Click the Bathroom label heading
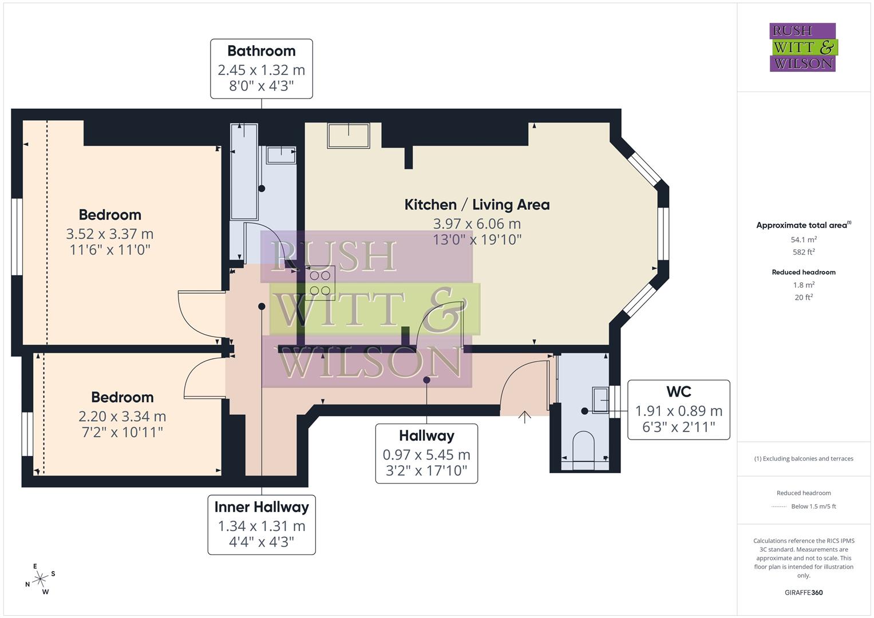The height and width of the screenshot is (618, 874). (x=262, y=51)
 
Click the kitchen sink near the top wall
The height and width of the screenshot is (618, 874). (x=348, y=136)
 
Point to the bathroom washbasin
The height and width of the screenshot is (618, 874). (x=281, y=155)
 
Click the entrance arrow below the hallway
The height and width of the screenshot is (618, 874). (x=524, y=416)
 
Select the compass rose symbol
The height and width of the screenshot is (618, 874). (x=40, y=579)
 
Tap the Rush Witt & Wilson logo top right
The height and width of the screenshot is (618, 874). (x=802, y=47)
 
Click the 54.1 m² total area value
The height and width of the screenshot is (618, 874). (x=804, y=240)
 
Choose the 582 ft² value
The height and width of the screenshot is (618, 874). (x=804, y=252)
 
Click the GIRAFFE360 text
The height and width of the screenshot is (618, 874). (x=804, y=592)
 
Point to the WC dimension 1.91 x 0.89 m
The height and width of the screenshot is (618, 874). (x=679, y=411)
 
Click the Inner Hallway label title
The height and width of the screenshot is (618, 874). (x=262, y=507)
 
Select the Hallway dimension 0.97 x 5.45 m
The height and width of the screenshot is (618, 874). (x=426, y=455)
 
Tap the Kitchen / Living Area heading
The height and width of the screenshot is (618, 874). (x=477, y=205)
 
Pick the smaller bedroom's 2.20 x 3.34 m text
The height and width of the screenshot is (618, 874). (x=122, y=417)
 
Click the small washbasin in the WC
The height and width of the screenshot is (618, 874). (x=600, y=399)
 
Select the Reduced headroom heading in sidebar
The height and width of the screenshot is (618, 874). (x=804, y=272)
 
